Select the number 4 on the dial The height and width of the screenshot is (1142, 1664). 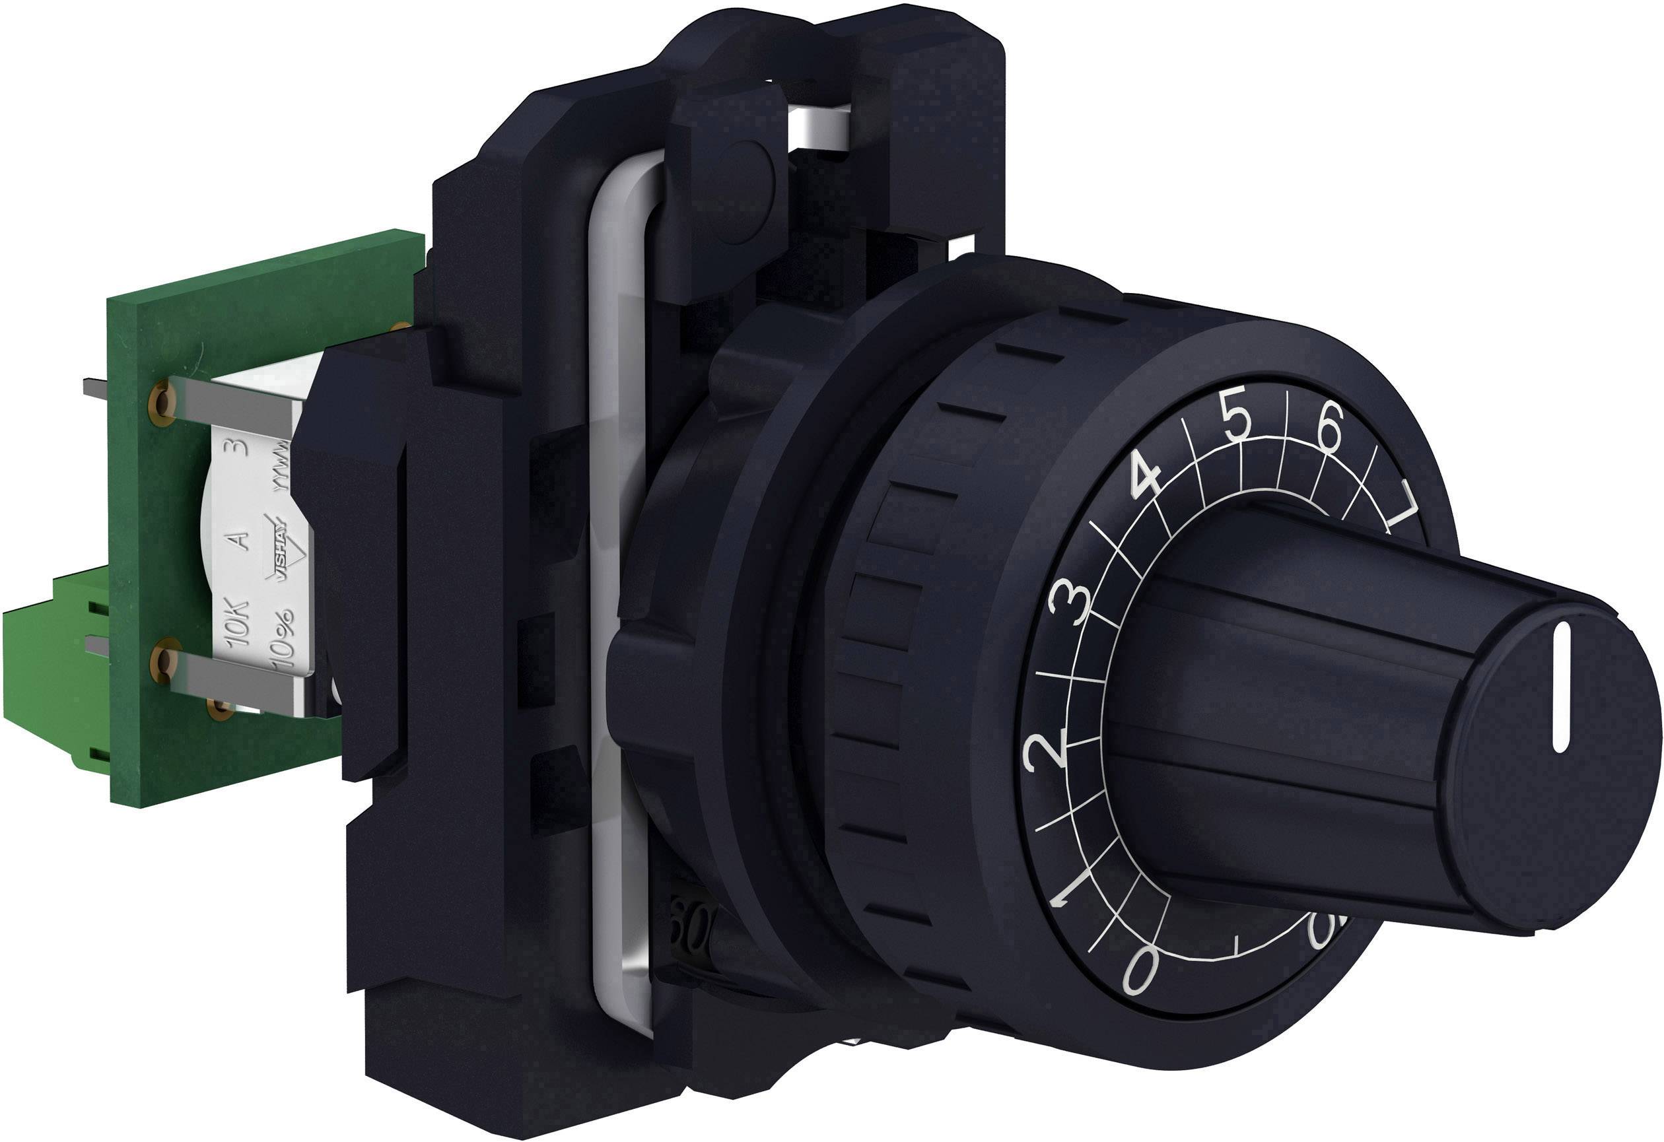click(x=1147, y=479)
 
